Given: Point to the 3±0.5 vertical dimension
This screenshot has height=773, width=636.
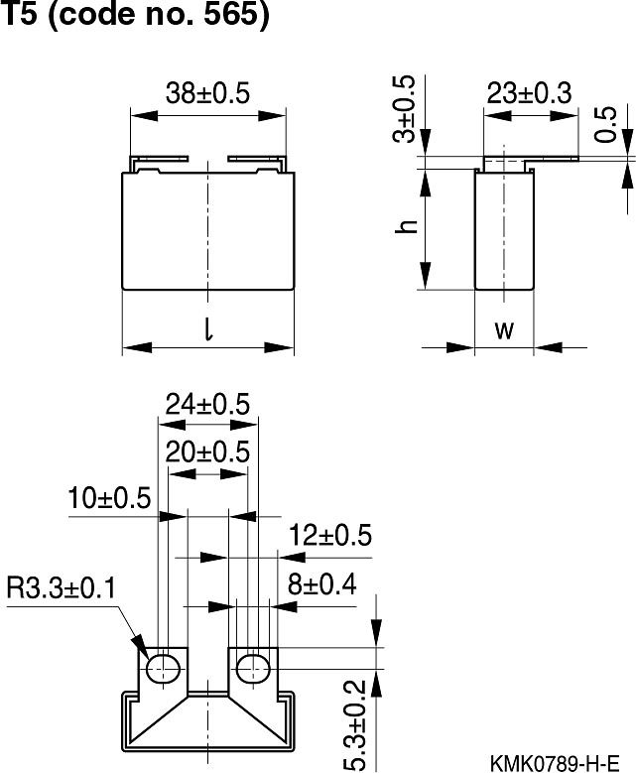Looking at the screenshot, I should (x=404, y=107).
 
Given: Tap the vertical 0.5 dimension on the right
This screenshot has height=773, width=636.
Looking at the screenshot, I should (x=608, y=125).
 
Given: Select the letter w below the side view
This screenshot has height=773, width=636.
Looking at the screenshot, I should (x=504, y=329).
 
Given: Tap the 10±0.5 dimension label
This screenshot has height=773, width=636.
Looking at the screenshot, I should (x=109, y=497).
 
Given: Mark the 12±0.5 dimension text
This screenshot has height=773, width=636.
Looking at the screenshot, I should (x=330, y=536).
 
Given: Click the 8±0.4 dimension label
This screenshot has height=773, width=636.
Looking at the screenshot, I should (x=320, y=584).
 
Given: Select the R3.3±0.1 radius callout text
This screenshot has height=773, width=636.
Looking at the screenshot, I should (x=62, y=588).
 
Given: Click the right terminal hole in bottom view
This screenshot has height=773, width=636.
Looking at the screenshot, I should (x=252, y=668).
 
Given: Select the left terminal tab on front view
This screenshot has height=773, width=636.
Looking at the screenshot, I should (x=160, y=159).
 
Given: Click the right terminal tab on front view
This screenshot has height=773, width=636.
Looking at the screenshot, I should (x=256, y=159).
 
